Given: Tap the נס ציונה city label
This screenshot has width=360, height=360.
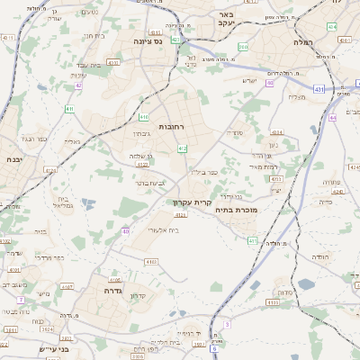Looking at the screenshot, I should click(x=147, y=41).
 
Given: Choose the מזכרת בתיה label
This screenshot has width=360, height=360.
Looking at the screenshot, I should click(x=238, y=209).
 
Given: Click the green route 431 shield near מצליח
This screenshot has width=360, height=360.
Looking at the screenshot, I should click(x=319, y=89).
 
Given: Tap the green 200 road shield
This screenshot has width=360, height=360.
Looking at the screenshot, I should click(x=244, y=47).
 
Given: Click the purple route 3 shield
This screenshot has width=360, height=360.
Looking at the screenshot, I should click(x=228, y=323).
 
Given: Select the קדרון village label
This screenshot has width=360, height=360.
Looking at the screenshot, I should click(x=138, y=296).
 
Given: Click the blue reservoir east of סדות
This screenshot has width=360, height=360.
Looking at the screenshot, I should click(x=307, y=284).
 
